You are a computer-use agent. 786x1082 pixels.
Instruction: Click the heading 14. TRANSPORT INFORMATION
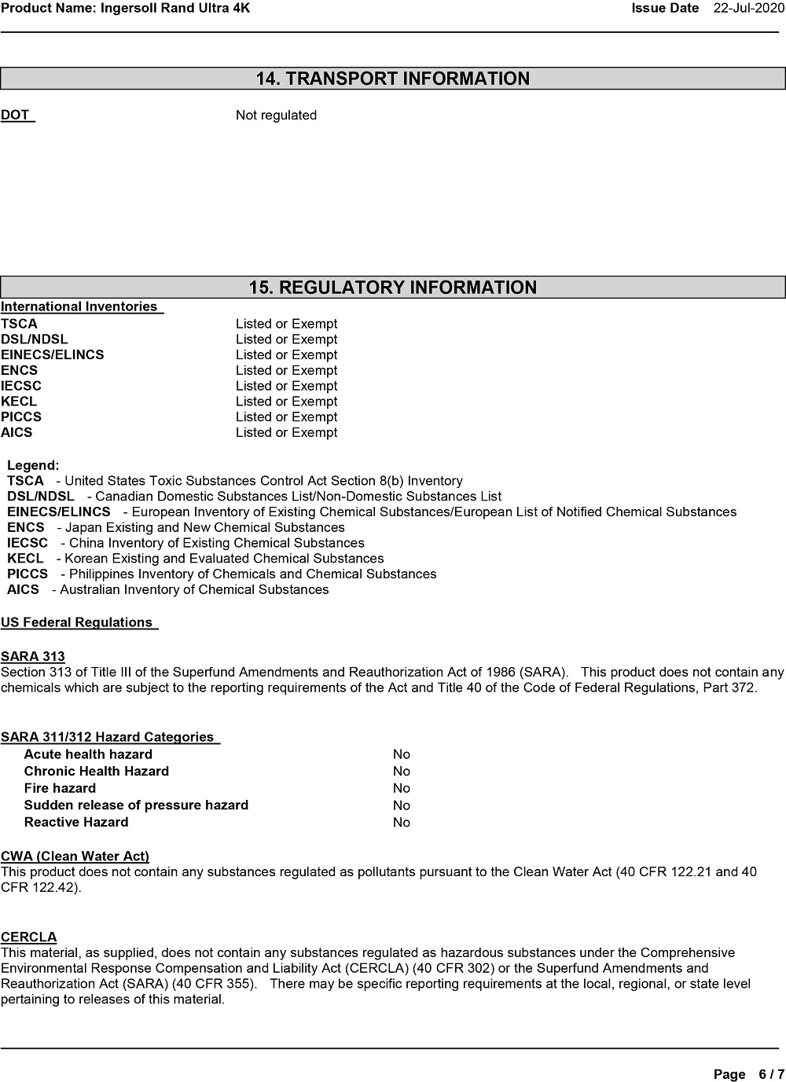[x=393, y=79]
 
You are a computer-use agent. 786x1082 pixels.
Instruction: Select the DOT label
[x=16, y=116]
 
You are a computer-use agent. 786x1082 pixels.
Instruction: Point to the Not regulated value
[x=276, y=116]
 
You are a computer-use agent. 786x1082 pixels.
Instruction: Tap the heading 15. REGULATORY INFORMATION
[x=393, y=288]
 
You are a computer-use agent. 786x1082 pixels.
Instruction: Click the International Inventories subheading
[x=79, y=306]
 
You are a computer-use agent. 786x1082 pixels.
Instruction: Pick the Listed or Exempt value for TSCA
[x=286, y=324]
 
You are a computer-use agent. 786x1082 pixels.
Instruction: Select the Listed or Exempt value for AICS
[x=286, y=432]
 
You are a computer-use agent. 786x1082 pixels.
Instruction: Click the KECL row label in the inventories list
[x=19, y=402]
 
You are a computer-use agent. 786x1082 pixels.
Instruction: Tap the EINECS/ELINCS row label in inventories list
[x=52, y=354]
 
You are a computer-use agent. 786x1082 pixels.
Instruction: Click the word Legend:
[x=33, y=465]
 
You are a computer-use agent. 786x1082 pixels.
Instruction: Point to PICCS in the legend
[x=28, y=574]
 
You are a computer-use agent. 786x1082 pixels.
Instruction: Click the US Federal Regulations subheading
[x=77, y=622]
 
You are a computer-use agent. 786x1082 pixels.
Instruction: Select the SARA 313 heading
[x=33, y=656]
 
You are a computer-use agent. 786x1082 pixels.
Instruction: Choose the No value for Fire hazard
[x=402, y=788]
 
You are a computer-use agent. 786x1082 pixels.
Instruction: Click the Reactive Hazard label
[x=76, y=822]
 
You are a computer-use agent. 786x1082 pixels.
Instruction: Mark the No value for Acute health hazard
[x=402, y=754]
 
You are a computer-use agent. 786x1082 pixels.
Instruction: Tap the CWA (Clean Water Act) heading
[x=75, y=856]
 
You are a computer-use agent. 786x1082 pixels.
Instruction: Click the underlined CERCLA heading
[x=29, y=937]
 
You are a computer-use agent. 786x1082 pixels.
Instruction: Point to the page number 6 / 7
[x=770, y=1073]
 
